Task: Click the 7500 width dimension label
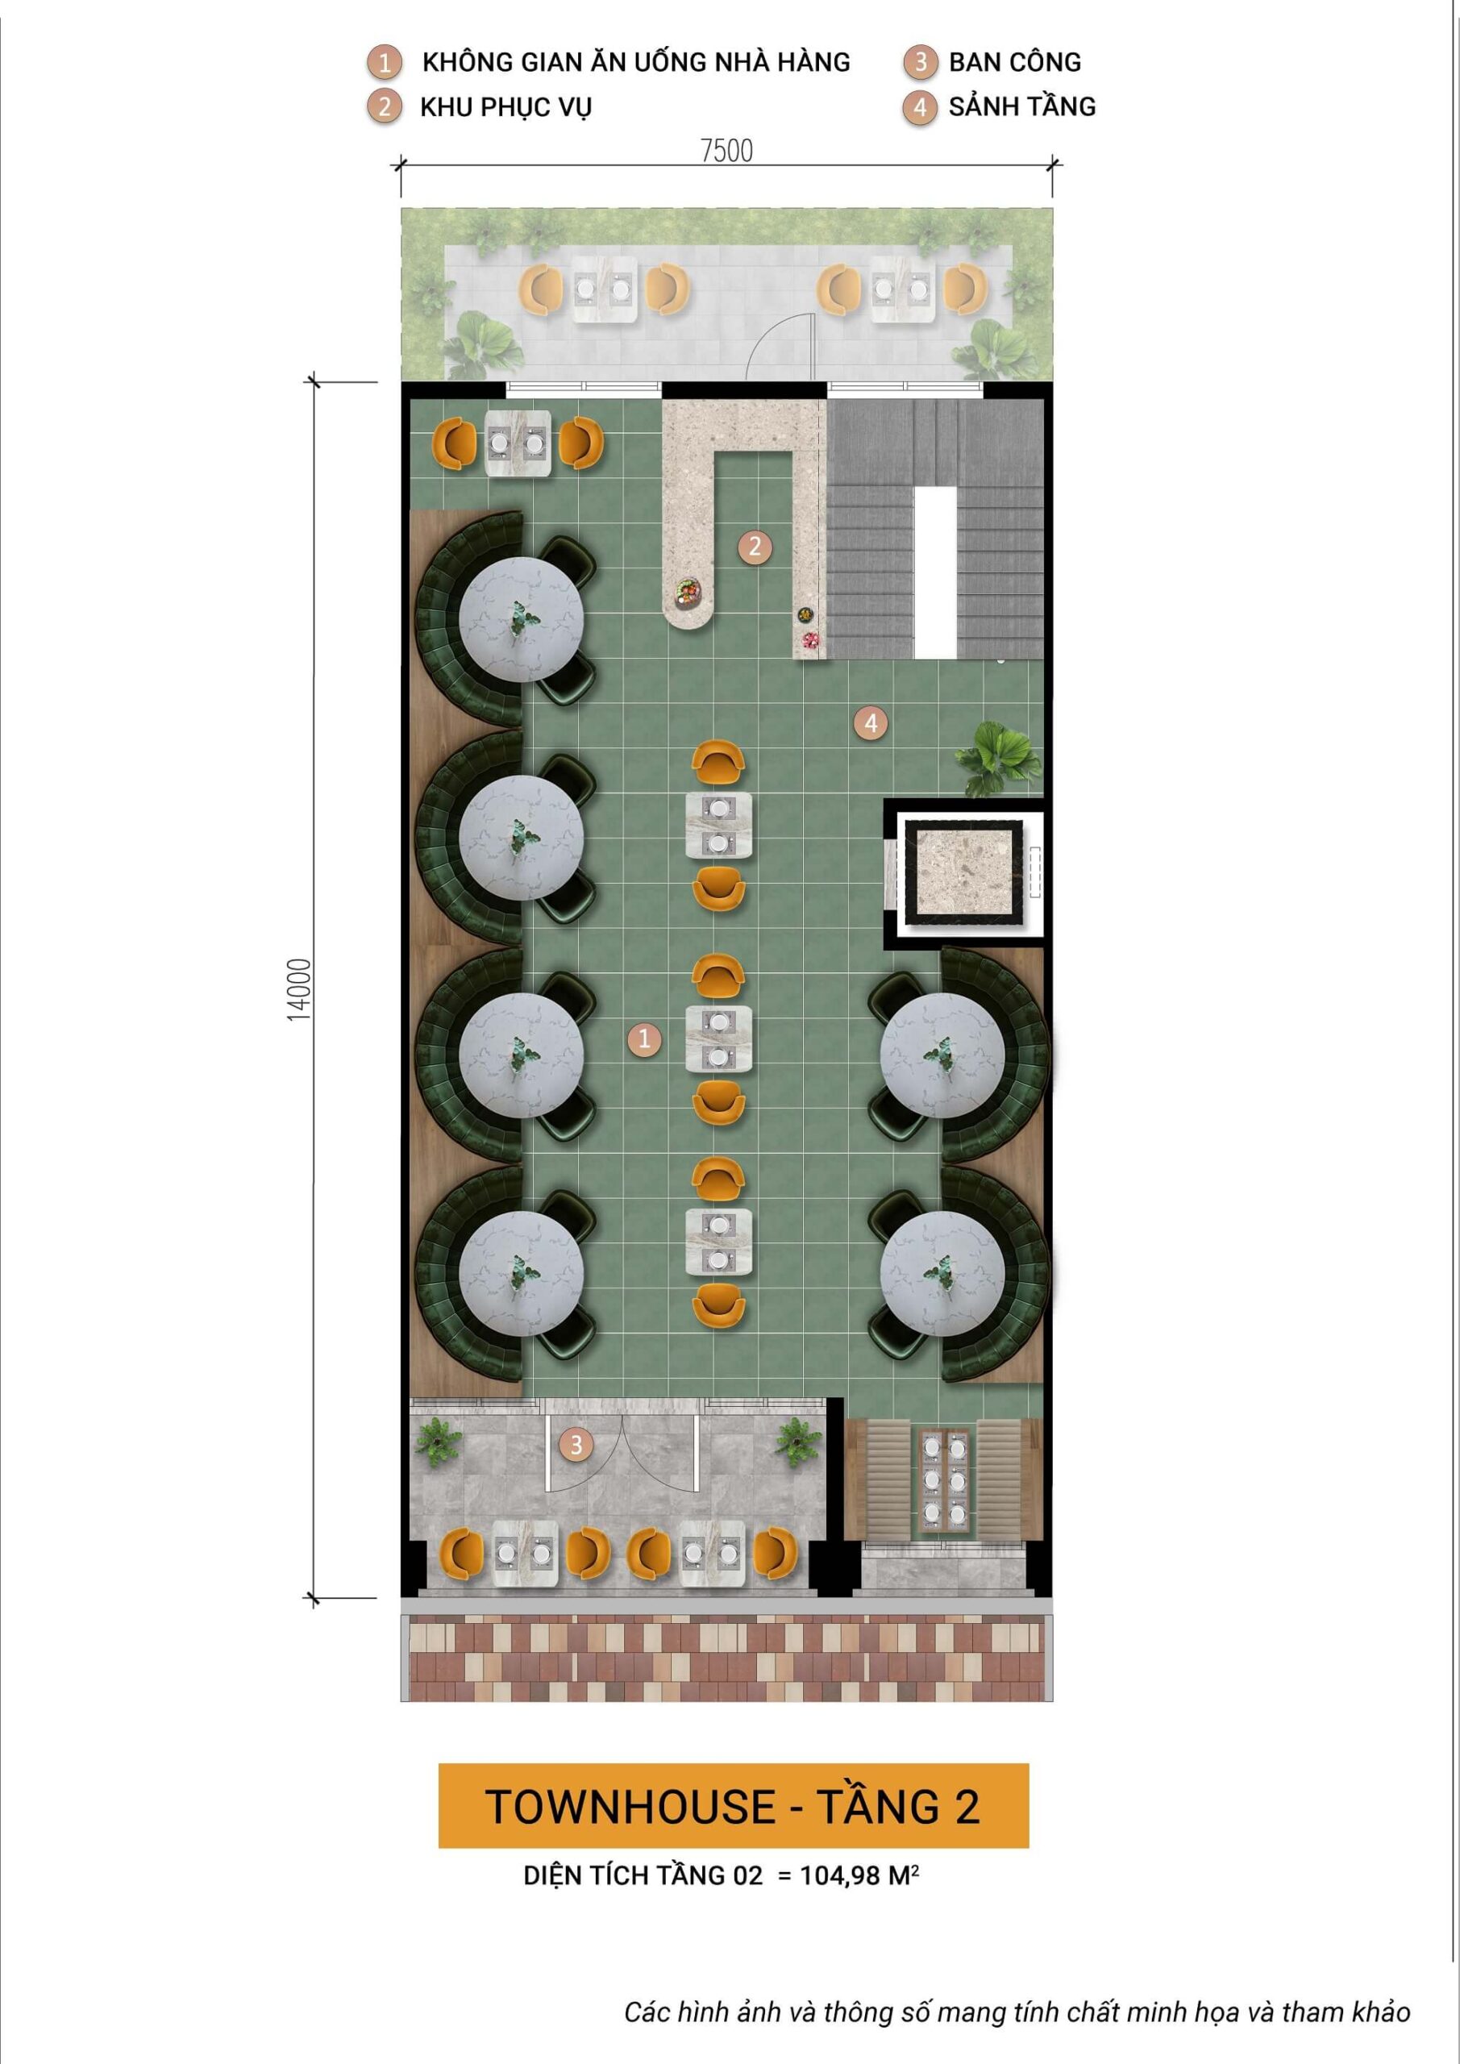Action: click(x=726, y=150)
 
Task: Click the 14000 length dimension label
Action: click(x=299, y=988)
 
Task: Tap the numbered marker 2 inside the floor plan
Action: click(x=755, y=546)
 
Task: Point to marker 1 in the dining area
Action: click(x=643, y=1039)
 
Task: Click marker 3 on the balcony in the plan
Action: click(x=576, y=1445)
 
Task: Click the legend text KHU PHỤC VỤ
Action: click(x=505, y=107)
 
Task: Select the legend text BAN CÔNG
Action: click(x=1014, y=62)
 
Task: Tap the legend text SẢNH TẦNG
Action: click(x=1021, y=107)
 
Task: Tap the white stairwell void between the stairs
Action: click(x=935, y=572)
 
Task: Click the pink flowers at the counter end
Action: click(x=811, y=640)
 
